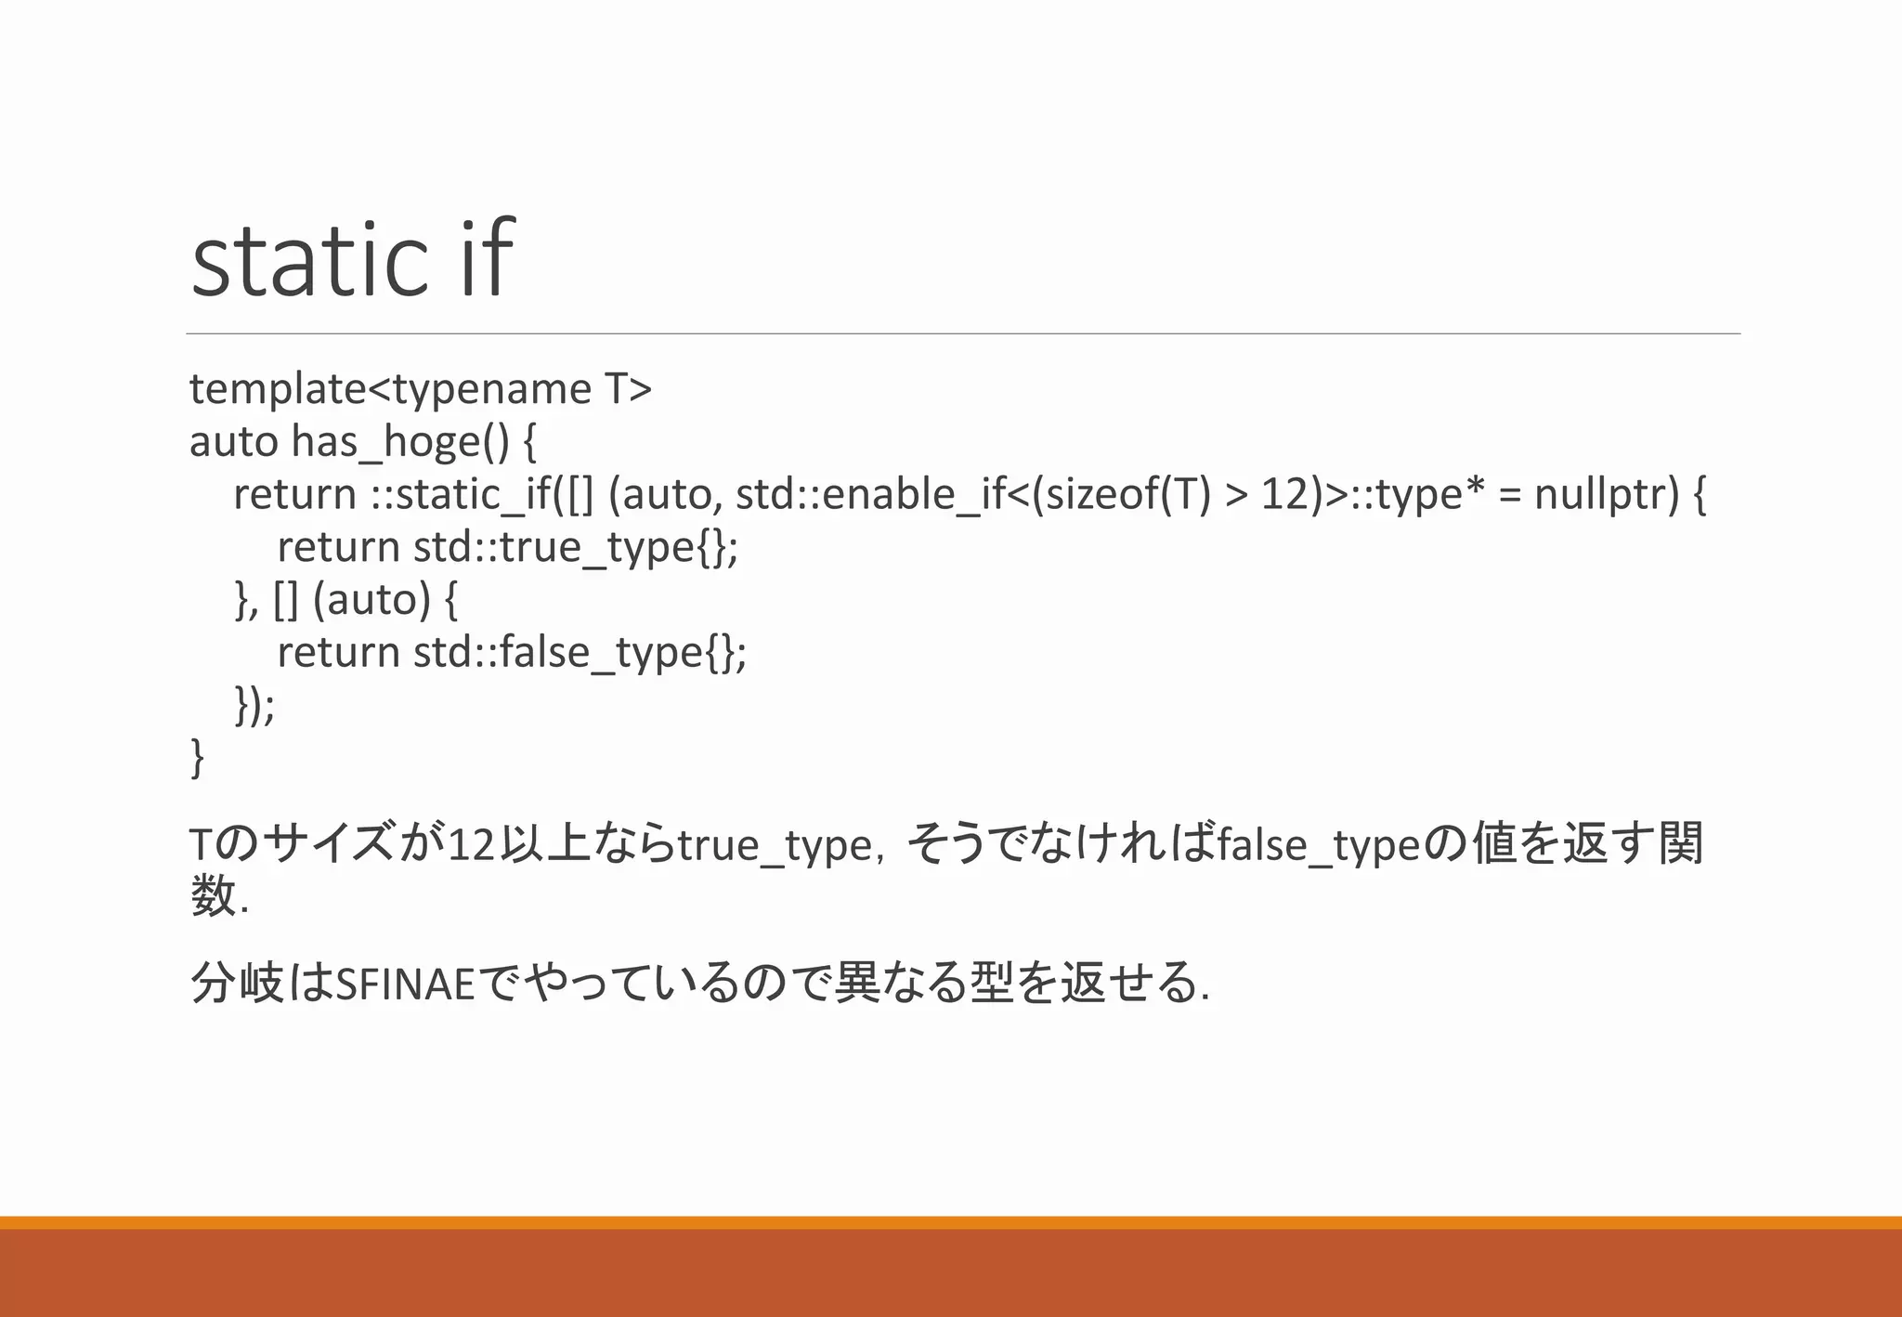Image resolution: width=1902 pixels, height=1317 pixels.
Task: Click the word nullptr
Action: (1607, 494)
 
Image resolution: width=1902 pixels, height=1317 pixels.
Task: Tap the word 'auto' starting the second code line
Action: (233, 441)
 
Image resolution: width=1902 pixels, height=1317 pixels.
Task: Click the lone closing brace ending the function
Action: (197, 758)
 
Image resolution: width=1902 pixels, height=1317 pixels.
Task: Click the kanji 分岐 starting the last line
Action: (236, 983)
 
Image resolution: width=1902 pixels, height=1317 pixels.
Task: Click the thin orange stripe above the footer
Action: (951, 1222)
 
